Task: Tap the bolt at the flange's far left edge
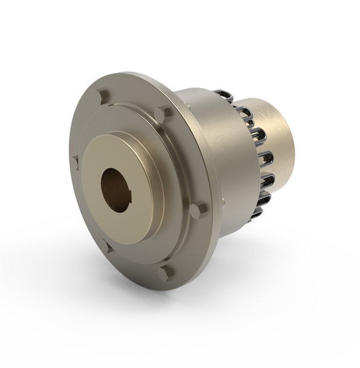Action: tap(76, 161)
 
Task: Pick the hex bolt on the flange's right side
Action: tap(198, 209)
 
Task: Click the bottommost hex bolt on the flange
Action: tap(166, 273)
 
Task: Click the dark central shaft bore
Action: tap(116, 189)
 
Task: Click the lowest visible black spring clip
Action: tap(256, 213)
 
